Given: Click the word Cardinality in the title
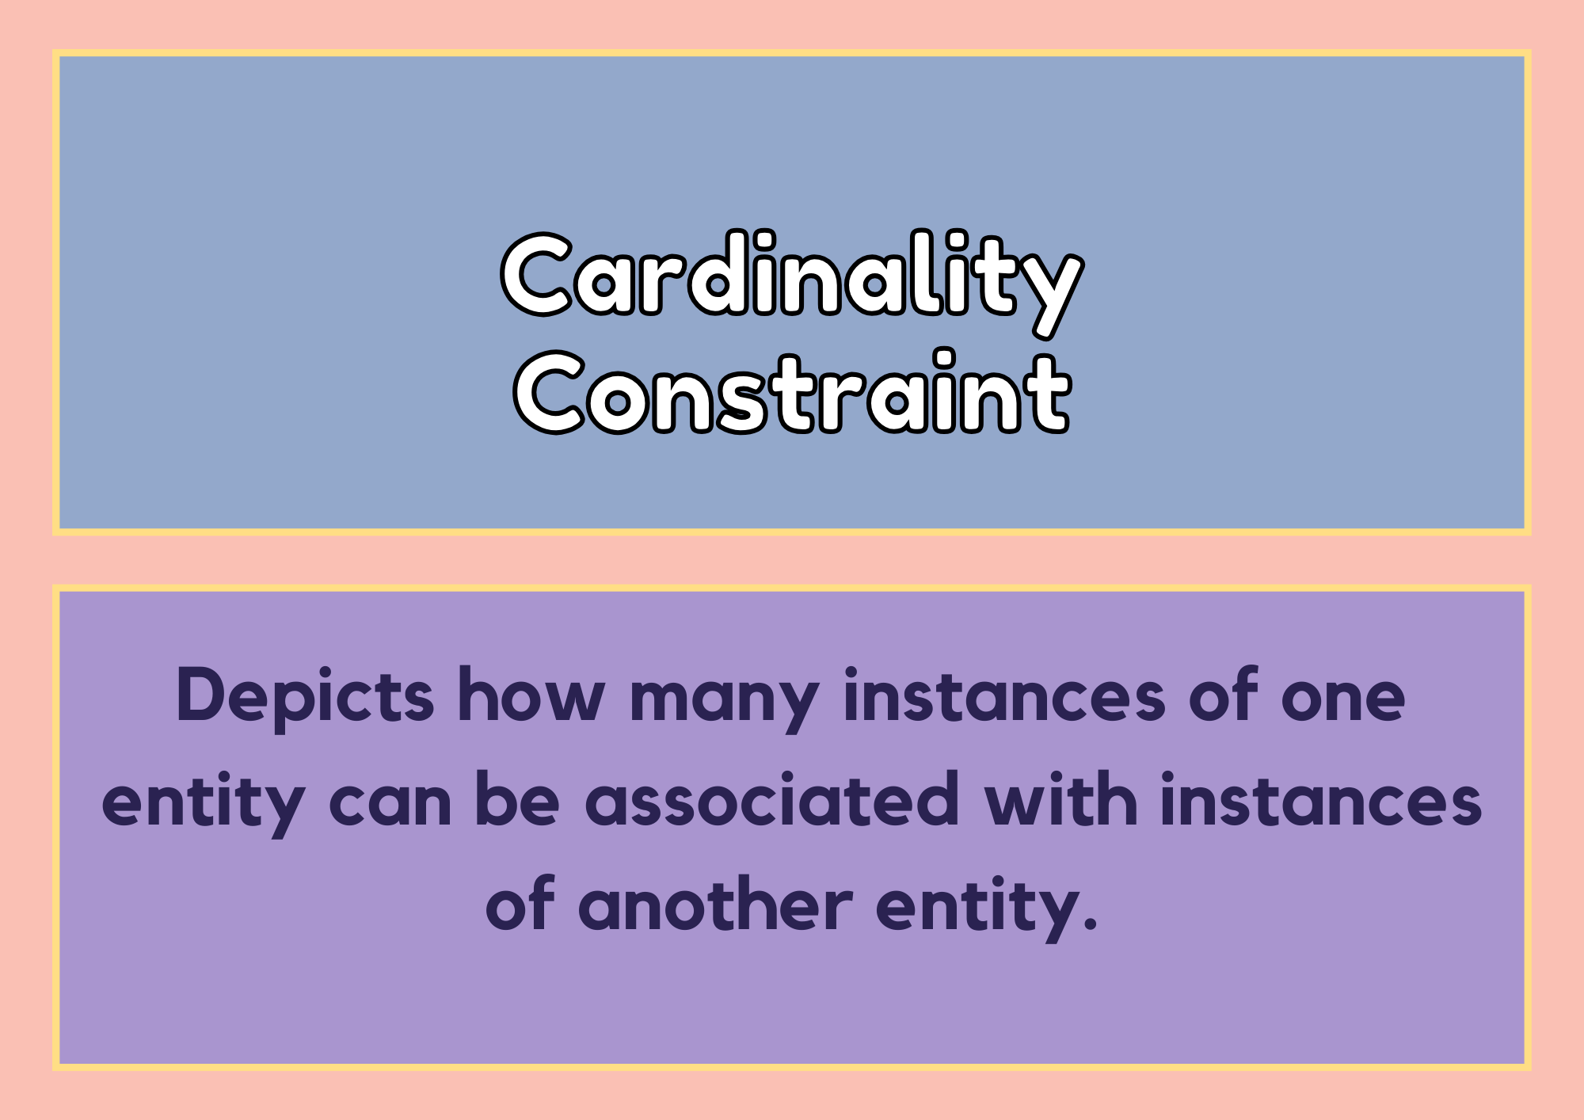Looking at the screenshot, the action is [792, 284].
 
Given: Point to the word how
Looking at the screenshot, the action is [531, 695].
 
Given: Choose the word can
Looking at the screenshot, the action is [390, 803].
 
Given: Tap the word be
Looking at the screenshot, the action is [517, 798].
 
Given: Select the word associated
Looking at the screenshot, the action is [772, 798].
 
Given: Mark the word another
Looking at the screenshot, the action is [715, 904].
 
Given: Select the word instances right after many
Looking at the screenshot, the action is [1004, 695].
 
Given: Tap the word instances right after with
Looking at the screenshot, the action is [1321, 799].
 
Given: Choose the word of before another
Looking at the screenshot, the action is [520, 903].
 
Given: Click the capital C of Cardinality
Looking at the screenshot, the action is [536, 274].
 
